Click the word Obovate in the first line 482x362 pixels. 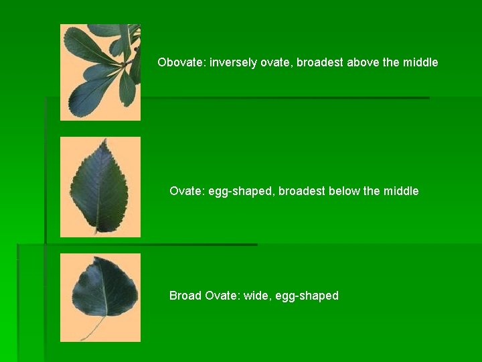(x=181, y=62)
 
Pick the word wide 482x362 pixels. (x=261, y=296)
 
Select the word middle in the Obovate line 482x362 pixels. (x=420, y=62)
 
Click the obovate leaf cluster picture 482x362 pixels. (x=100, y=72)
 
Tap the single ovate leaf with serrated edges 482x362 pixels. (x=100, y=187)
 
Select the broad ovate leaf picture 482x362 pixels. (x=104, y=288)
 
